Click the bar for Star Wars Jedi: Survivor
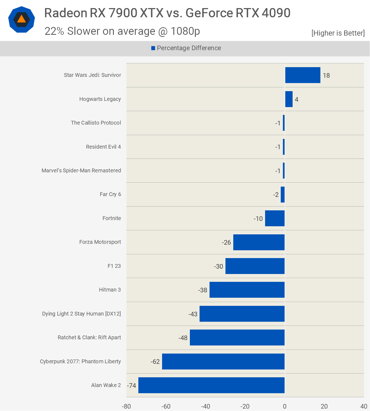coord(303,75)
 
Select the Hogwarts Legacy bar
coord(289,99)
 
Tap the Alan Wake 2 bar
coord(211,385)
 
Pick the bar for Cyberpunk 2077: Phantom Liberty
coord(223,361)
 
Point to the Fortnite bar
coord(275,218)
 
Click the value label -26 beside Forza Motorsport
coord(226,242)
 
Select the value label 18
coord(326,76)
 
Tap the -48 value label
coord(183,338)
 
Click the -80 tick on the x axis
coord(126,406)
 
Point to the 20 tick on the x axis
coord(324,406)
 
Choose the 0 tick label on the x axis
coord(285,406)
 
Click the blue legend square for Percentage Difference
coord(153,48)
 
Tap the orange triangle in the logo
coord(22,19)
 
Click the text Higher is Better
coord(338,33)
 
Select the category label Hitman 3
coord(110,290)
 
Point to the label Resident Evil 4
coord(103,147)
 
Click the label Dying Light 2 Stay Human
coord(81,314)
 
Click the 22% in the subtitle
coord(54,31)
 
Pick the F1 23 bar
coord(255,266)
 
